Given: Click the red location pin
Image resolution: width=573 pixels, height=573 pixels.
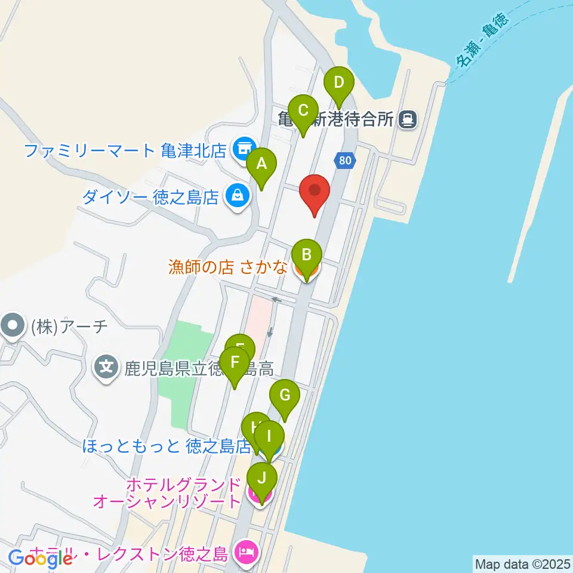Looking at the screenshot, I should point(315,192).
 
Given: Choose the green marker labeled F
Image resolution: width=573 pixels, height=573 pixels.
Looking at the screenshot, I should point(235,363).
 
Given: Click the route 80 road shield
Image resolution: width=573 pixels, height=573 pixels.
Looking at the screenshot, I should point(344,160).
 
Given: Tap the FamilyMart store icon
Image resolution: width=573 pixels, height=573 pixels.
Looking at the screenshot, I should point(244,146).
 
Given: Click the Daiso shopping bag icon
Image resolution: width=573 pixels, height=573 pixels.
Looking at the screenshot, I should point(238,195).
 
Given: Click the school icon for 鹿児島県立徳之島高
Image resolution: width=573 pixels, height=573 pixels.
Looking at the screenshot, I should point(107,365).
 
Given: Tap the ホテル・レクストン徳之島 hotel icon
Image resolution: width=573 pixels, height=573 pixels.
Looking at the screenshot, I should point(246,550).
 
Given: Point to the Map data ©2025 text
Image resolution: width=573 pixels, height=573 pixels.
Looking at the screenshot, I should point(523,563).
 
